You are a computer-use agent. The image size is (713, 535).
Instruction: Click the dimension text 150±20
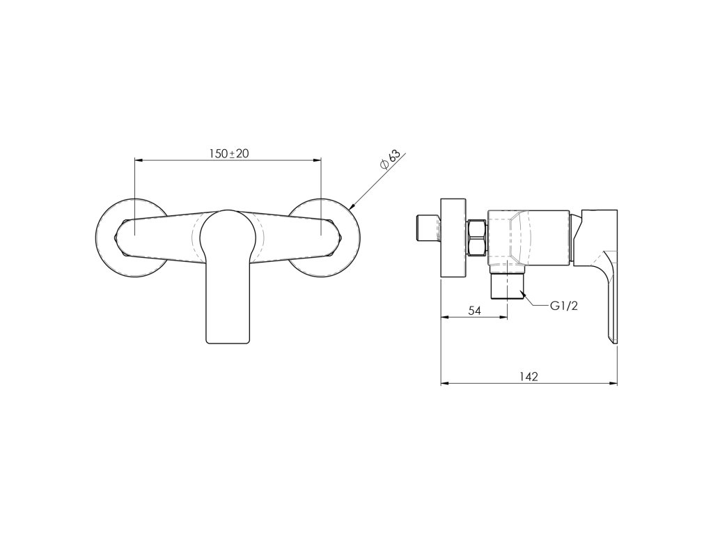[x=228, y=153]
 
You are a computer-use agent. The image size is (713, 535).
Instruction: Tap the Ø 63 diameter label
[x=390, y=160]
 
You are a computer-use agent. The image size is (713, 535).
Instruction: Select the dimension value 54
[x=474, y=310]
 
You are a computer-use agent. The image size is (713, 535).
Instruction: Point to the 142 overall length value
[x=529, y=376]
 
